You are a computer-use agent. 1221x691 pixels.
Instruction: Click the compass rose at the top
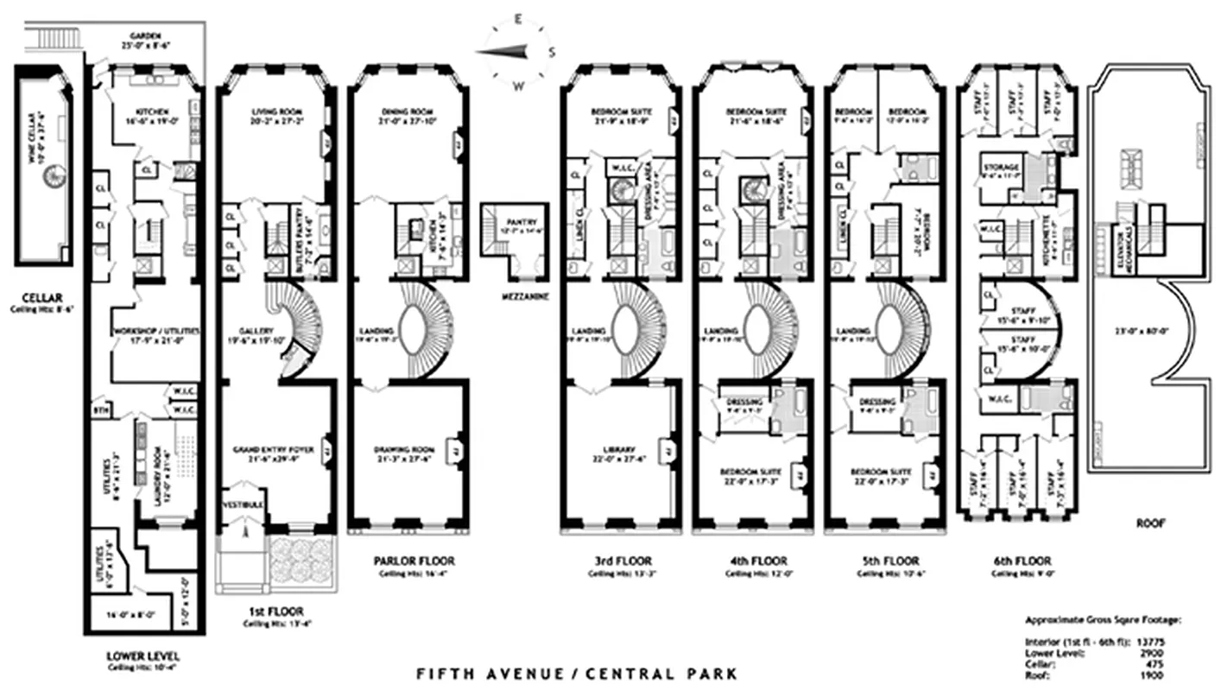(516, 52)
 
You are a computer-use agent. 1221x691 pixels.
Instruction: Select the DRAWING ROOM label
(403, 450)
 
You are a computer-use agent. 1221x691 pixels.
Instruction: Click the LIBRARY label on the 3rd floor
(620, 450)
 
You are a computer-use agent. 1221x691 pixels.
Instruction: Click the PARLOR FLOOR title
(414, 561)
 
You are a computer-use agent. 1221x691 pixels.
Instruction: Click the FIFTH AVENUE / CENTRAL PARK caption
(578, 673)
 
